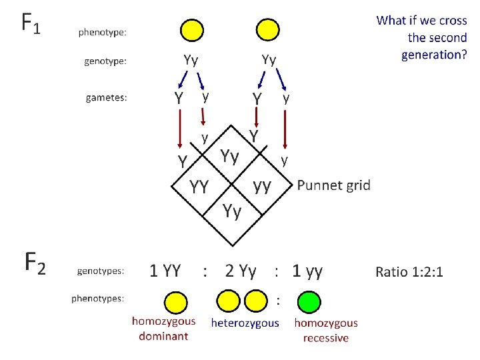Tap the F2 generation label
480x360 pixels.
click(x=35, y=262)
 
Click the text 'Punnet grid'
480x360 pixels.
click(x=333, y=185)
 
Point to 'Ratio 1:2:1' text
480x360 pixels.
click(x=409, y=271)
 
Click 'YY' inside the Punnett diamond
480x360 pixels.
click(x=200, y=187)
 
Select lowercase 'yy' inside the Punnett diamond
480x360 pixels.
click(x=262, y=185)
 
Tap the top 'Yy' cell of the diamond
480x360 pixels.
click(x=231, y=157)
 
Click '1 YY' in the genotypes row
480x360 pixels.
click(x=165, y=271)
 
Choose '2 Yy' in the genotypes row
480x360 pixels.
click(x=241, y=271)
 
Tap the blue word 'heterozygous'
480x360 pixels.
click(x=245, y=323)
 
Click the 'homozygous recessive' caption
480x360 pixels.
click(x=326, y=330)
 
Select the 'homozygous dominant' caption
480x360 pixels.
click(x=163, y=328)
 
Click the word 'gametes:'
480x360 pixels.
click(x=107, y=98)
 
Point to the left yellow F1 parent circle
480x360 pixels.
click(x=191, y=29)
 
